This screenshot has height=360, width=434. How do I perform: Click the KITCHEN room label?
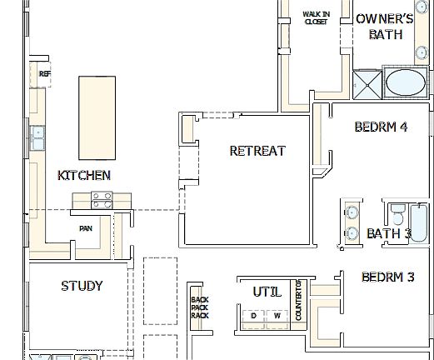[x=83, y=175]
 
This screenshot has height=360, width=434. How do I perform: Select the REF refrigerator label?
[x=44, y=74]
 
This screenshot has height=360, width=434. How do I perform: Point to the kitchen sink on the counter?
[x=37, y=137]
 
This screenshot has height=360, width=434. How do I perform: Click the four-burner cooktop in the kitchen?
[x=102, y=201]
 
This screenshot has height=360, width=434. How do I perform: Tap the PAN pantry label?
[x=85, y=227]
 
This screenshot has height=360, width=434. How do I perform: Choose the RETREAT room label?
[x=257, y=151]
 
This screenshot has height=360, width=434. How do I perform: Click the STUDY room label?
[x=82, y=286]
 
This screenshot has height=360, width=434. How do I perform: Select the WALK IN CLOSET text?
[x=315, y=18]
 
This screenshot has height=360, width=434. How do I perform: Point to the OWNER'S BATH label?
[x=384, y=26]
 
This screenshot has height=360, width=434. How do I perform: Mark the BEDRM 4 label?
[x=381, y=127]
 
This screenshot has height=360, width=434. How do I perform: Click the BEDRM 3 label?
[x=387, y=277]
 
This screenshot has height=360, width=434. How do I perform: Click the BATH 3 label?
[x=389, y=233]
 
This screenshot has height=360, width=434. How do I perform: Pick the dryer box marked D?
[x=253, y=316]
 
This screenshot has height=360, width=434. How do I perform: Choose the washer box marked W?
[x=277, y=316]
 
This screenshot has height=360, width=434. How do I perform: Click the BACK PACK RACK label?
[x=198, y=307]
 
